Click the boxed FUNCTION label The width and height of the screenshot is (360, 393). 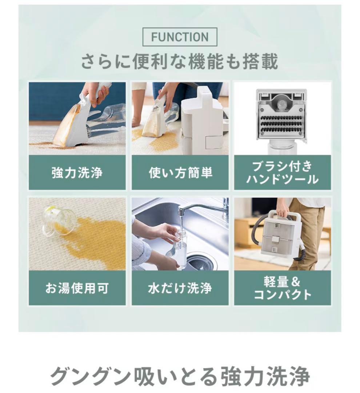180,37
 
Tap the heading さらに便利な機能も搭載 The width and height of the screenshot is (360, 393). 180,61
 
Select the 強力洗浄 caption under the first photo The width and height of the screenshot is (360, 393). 77,173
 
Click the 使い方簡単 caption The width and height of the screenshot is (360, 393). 180,173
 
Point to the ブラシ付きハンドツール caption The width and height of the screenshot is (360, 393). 282,173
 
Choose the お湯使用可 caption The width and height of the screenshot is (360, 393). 77,288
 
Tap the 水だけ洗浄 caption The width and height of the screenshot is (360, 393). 180,288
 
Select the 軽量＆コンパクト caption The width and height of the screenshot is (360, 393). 282,288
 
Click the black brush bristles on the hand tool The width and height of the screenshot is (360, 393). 281,124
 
